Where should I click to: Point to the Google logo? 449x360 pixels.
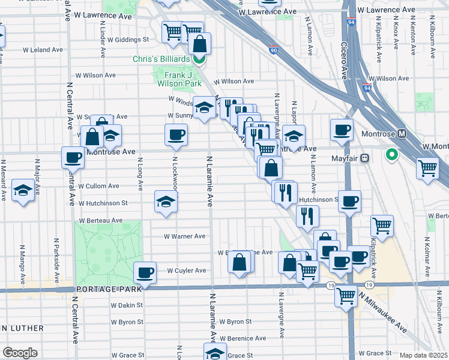20,352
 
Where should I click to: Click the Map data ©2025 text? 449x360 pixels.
424,355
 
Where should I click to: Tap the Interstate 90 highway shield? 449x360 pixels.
273,50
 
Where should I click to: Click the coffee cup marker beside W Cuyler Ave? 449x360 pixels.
145,273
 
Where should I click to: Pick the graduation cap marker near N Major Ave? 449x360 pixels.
23,191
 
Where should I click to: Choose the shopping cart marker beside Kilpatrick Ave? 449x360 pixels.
382,226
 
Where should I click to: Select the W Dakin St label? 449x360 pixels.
127,305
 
